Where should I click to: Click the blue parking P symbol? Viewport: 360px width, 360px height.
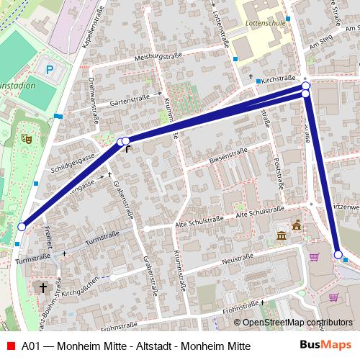pos(49,70)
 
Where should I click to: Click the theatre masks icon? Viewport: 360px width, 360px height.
pos(28,136)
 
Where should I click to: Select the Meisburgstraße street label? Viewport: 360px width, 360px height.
pos(158,55)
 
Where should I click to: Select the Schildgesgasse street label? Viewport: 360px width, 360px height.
pos(68,163)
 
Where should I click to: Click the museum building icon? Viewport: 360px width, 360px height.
pos(281,237)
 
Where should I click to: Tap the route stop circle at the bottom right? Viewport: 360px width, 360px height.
pos(338,254)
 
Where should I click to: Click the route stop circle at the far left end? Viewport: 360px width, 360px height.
pos(22,227)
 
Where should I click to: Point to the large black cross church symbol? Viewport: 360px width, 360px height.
pos(43,288)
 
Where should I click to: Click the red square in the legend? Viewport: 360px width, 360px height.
pos(10,346)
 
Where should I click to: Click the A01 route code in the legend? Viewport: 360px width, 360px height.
pos(30,346)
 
